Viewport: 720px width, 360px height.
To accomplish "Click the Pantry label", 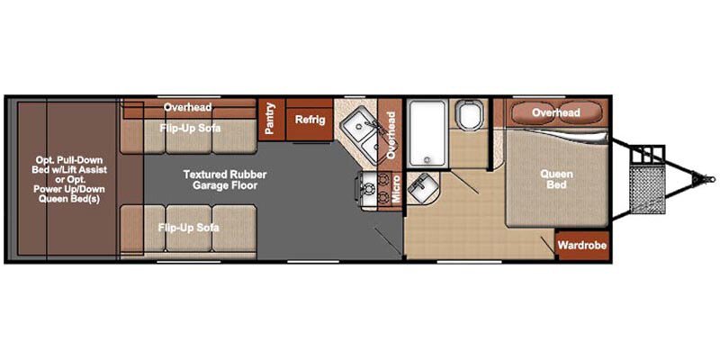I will pyautogui.click(x=269, y=119).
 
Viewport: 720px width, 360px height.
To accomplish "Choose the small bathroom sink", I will pyautogui.click(x=420, y=189).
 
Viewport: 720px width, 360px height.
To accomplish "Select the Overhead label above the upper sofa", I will pyautogui.click(x=187, y=107).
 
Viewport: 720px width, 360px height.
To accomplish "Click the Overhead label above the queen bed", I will pyautogui.click(x=555, y=112).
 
